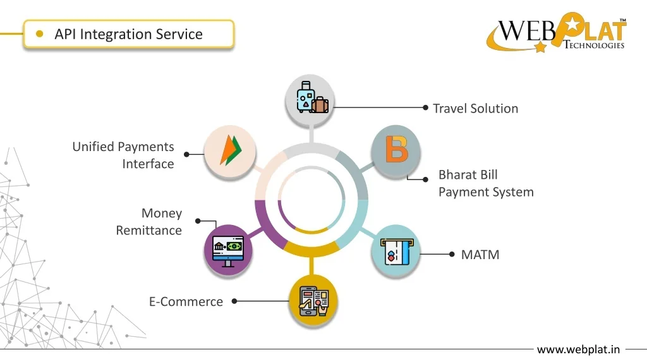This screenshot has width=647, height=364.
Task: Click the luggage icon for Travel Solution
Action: tap(310, 99)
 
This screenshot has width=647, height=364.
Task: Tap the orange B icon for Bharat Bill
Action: tap(396, 149)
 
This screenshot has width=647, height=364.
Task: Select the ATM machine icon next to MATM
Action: tap(396, 251)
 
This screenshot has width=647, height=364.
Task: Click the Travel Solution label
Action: tap(475, 109)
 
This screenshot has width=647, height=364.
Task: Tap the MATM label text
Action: tap(480, 255)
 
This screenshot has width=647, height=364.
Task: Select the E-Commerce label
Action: tap(186, 301)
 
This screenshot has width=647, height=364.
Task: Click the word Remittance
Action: tap(148, 231)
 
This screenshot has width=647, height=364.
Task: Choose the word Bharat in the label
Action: tap(459, 175)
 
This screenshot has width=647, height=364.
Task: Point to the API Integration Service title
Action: tap(128, 34)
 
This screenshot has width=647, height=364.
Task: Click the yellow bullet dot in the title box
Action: tap(40, 34)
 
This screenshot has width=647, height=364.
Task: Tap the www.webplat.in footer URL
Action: tap(578, 349)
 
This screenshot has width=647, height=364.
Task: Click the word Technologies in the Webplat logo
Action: tap(594, 45)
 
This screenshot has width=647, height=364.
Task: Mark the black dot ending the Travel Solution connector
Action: tap(426, 107)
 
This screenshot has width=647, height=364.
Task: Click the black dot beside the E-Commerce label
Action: tap(234, 301)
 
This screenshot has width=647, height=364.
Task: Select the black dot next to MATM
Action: tap(452, 254)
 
